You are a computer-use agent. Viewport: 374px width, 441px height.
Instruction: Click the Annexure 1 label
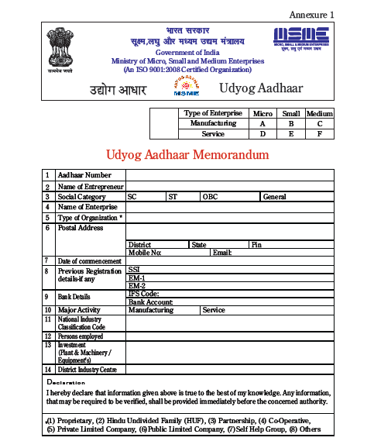pos(312,15)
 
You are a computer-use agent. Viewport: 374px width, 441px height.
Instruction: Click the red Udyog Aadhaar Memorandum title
pos(187,155)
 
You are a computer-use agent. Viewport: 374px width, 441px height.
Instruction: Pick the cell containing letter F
pos(320,134)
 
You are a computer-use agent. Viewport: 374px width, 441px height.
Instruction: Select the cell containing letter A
pos(262,124)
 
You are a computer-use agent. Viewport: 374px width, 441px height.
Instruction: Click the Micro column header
pos(262,114)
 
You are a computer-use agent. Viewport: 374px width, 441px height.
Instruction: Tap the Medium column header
pos(320,114)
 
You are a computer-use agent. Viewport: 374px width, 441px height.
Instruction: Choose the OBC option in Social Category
pos(211,197)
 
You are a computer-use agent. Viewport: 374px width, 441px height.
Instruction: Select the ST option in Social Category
pos(173,197)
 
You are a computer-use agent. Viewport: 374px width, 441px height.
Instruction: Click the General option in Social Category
pos(275,197)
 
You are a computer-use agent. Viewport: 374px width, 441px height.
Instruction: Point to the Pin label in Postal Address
pos(256,245)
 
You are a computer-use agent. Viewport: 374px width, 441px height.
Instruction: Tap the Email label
pos(222,253)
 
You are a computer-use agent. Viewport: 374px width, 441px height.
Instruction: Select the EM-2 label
pos(136,285)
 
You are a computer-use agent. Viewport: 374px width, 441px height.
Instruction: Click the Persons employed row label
pos(81,336)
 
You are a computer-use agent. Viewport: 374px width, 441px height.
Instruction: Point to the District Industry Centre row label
pos(87,369)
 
